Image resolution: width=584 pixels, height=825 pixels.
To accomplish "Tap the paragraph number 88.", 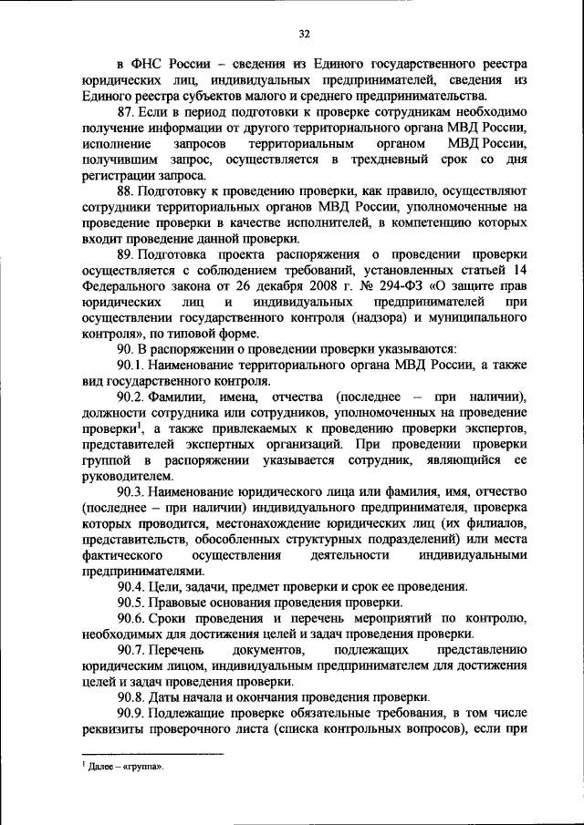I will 126,191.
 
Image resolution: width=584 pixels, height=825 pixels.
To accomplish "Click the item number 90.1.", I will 130,365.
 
